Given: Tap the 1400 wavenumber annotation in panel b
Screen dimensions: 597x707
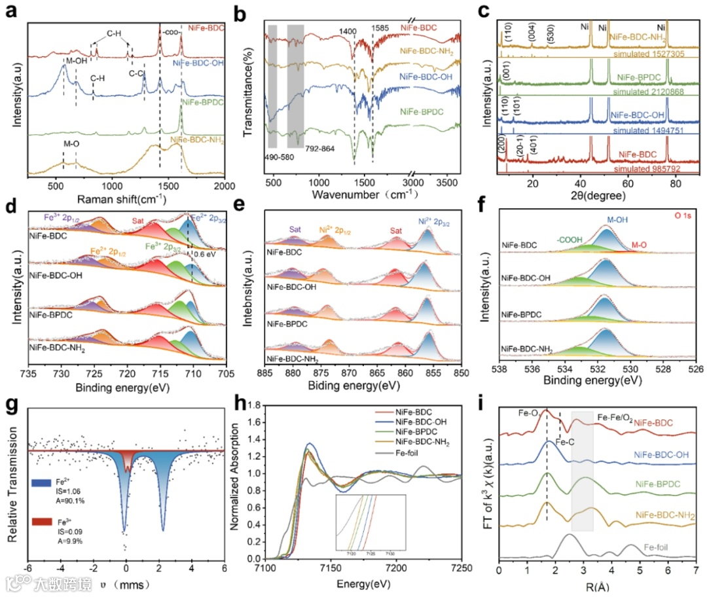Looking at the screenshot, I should [349, 31].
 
